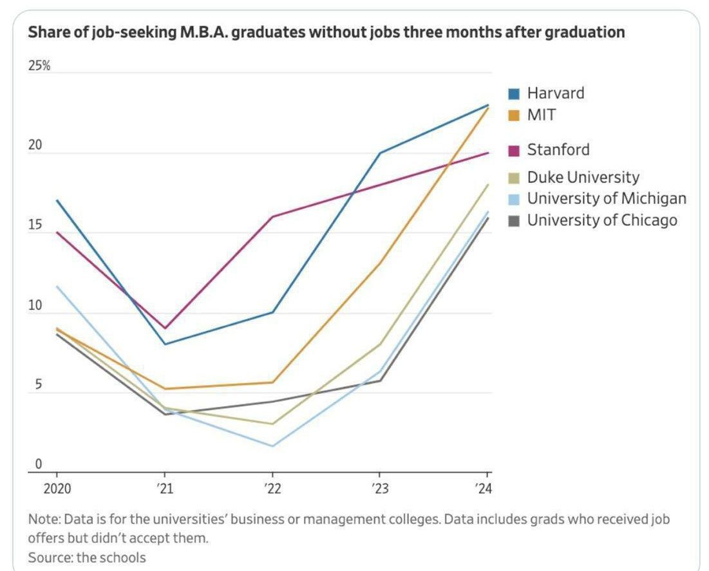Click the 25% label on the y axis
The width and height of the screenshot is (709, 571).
[39, 67]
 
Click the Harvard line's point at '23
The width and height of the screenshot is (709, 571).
[381, 153]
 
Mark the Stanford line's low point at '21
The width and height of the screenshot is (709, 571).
[165, 328]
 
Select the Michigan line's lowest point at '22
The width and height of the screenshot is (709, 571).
[273, 445]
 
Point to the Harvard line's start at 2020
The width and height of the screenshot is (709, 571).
[58, 201]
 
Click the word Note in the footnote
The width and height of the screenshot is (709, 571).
[41, 519]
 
